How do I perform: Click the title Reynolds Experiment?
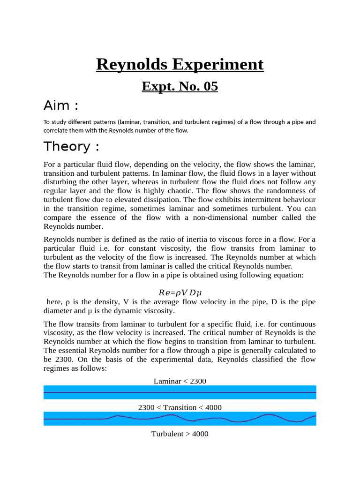pyautogui.click(x=180, y=64)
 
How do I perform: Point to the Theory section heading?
pyautogui.click(x=71, y=147)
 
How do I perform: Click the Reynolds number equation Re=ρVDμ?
pyautogui.click(x=180, y=293)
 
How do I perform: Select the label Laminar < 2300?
pyautogui.click(x=180, y=381)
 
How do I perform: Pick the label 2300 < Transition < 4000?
pyautogui.click(x=180, y=407)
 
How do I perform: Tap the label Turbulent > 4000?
pyautogui.click(x=180, y=434)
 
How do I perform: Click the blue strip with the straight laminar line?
pyautogui.click(x=180, y=392)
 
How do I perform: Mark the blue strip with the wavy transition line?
pyautogui.click(x=180, y=418)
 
